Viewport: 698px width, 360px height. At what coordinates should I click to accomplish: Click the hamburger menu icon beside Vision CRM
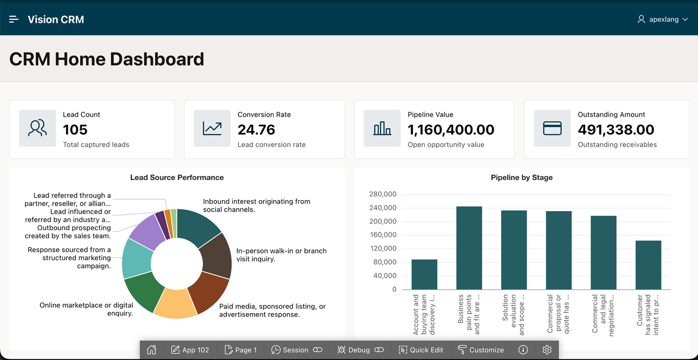14,19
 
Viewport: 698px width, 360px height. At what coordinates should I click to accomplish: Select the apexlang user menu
663,19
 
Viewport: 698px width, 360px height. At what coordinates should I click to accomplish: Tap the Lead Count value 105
75,130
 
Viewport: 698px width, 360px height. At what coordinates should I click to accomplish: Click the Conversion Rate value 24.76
256,130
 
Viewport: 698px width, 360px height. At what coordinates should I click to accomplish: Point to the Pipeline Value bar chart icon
382,128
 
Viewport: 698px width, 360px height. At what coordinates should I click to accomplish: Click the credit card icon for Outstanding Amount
552,128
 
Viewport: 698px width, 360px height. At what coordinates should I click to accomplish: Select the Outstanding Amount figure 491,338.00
616,130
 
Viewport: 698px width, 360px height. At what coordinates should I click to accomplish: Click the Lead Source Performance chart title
177,177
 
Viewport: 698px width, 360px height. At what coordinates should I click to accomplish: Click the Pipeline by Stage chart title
522,177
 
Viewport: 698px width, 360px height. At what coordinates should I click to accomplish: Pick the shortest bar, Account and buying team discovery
424,274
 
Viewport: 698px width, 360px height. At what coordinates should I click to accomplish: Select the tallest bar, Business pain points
469,248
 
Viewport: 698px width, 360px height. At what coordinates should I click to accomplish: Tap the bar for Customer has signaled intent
648,265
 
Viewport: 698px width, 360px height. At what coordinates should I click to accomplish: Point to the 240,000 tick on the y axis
383,208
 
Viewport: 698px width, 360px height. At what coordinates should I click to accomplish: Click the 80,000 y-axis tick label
385,262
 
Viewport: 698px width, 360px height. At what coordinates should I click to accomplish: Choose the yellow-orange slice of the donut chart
175,303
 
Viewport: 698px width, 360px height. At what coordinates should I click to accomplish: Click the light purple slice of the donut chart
147,231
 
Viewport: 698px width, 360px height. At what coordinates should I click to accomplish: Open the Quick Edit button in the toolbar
420,350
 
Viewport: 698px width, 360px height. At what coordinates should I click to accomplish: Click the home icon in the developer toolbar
152,350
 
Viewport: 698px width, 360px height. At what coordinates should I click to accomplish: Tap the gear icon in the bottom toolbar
547,350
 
